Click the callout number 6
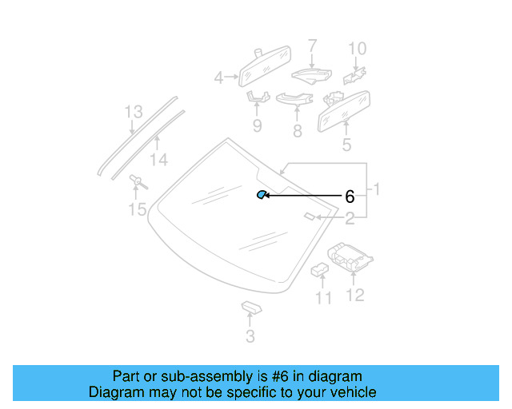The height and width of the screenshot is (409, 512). click(349, 196)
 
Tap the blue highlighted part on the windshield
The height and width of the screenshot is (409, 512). click(261, 195)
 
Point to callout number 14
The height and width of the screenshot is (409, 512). click(159, 161)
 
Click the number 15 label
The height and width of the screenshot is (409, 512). click(138, 210)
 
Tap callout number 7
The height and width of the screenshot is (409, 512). click(312, 46)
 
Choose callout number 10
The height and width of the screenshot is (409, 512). click(357, 49)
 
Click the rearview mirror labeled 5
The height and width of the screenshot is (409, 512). click(346, 109)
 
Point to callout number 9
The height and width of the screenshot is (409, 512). click(258, 126)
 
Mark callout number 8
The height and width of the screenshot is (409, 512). click(298, 130)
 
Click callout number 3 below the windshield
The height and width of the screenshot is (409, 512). click(250, 337)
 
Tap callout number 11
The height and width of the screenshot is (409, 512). click(323, 299)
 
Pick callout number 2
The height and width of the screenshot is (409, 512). click(350, 218)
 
